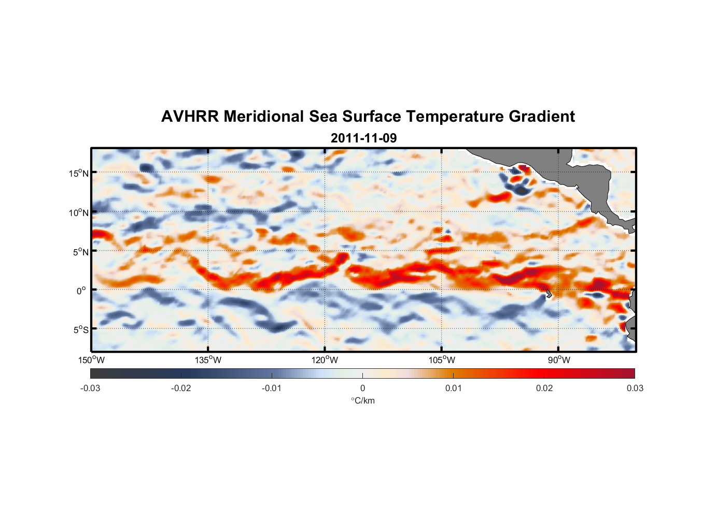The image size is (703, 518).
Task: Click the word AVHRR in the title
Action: click(190, 117)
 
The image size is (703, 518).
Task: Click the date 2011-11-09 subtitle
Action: click(363, 138)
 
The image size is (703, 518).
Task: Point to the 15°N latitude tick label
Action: click(79, 173)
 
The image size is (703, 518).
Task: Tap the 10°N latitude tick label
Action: click(79, 212)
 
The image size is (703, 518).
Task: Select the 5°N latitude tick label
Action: click(80, 252)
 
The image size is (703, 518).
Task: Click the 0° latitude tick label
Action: click(81, 291)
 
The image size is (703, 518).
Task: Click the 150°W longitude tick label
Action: click(91, 360)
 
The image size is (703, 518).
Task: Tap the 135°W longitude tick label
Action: click(208, 360)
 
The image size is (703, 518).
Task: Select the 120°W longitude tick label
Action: click(325, 360)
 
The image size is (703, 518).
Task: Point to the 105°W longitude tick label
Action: click(442, 360)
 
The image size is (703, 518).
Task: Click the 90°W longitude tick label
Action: click(559, 360)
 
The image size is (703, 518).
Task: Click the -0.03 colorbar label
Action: click(90, 388)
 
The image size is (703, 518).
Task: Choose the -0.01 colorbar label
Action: click(272, 388)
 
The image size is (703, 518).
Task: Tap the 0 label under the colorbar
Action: click(362, 388)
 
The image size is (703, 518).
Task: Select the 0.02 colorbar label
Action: click(544, 388)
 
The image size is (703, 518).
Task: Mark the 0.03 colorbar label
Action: click(635, 388)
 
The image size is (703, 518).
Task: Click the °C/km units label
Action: click(362, 400)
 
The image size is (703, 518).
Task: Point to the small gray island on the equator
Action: click(549, 294)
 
